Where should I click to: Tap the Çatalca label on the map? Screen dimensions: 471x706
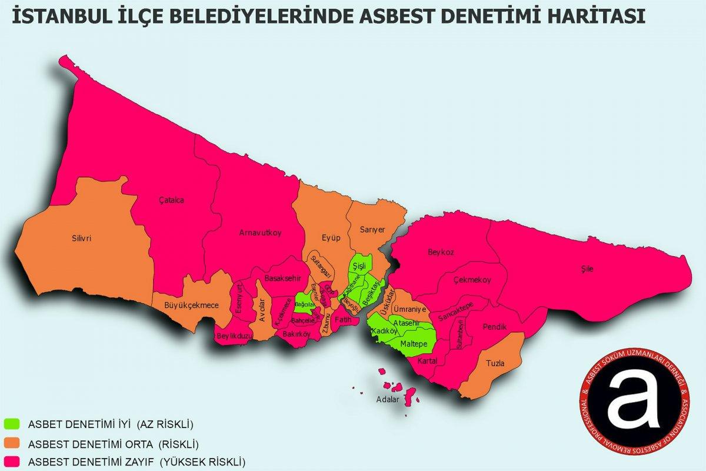tap(172, 200)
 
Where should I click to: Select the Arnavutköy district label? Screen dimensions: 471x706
tap(260, 233)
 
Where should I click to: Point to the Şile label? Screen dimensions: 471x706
tap(587, 268)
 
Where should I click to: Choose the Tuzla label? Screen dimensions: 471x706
tap(495, 363)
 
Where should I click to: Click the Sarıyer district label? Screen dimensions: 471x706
tap(372, 230)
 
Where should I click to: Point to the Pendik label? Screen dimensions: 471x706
tap(494, 326)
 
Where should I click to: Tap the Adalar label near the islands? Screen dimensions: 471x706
tap(388, 399)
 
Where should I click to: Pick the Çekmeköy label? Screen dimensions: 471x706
tap(472, 280)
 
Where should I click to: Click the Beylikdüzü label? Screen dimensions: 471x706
tap(234, 335)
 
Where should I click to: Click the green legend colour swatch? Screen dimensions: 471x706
tap(12, 423)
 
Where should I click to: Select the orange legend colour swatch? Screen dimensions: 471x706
tap(12, 442)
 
